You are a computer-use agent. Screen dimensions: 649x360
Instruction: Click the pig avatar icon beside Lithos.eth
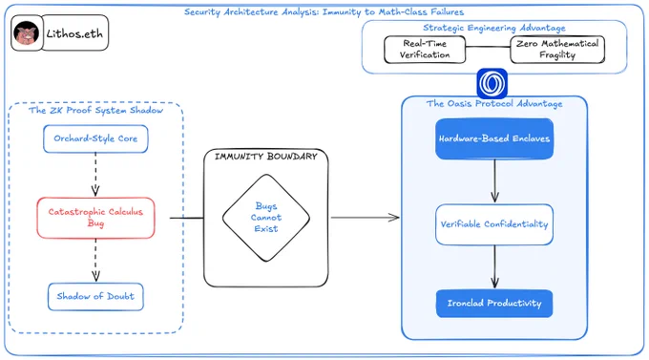coord(27,33)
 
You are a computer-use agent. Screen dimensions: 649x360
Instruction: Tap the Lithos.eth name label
coord(74,33)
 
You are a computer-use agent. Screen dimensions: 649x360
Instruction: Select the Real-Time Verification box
coord(425,50)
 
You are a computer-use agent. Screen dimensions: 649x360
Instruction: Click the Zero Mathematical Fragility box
coord(557,50)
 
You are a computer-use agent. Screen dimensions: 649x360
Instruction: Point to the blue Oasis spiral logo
coord(492,83)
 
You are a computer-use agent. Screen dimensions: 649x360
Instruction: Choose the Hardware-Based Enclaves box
coord(494,138)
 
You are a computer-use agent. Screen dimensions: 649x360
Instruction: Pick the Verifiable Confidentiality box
coord(494,224)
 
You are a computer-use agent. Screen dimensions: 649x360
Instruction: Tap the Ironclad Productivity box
coord(494,304)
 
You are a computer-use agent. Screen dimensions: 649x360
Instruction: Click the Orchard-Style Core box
coord(95,138)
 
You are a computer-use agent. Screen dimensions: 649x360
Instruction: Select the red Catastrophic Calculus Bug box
coord(95,218)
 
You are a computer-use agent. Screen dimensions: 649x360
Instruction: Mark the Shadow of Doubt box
coord(95,297)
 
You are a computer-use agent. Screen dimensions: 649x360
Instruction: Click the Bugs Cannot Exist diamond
coord(266,218)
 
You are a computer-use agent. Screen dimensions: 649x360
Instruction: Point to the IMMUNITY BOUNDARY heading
coord(265,157)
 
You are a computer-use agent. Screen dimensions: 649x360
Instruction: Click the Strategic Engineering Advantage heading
coord(494,28)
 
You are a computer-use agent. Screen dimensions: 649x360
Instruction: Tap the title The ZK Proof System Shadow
coord(95,110)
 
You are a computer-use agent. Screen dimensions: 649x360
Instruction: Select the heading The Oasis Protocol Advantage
coord(494,103)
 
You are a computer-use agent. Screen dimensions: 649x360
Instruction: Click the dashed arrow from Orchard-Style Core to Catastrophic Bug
coord(95,175)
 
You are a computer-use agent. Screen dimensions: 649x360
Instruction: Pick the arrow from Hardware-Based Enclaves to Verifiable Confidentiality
coord(494,181)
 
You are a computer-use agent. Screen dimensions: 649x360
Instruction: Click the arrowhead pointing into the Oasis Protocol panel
coord(393,218)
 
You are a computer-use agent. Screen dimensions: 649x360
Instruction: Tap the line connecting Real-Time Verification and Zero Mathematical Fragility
coord(488,47)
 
